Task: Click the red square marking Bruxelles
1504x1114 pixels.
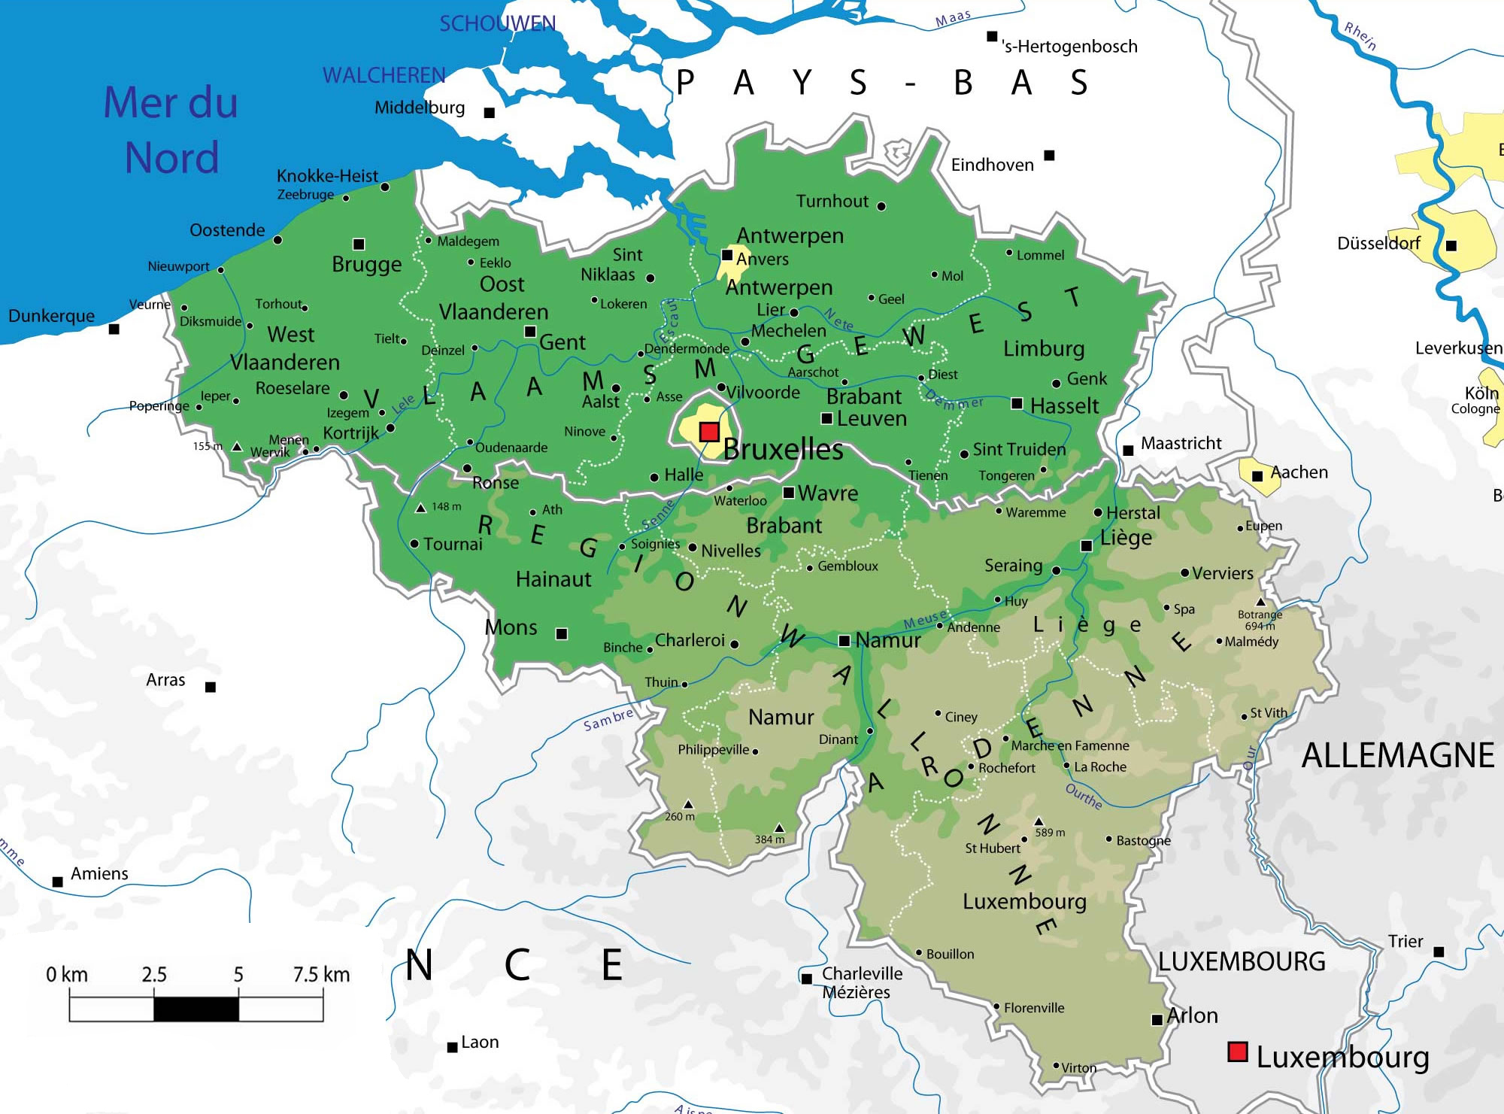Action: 709,431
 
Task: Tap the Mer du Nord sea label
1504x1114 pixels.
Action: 171,130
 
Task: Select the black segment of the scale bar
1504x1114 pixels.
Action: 196,1009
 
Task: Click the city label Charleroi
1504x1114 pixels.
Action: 690,640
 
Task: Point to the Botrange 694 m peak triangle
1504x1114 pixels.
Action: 1260,603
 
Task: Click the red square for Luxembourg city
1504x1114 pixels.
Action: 1237,1052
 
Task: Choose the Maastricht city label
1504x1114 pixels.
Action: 1181,444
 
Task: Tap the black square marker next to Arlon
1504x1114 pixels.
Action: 1157,1020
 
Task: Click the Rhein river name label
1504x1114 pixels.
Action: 1360,36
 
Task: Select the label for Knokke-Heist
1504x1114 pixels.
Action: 327,176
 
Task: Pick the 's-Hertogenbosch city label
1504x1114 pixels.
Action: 1069,47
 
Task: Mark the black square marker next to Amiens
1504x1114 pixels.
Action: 58,882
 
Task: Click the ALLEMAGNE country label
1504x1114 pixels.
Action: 1397,755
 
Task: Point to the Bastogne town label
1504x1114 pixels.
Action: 1143,840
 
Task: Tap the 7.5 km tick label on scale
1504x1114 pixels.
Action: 321,975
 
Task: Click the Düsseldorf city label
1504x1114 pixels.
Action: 1378,244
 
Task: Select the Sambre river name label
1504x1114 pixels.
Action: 608,719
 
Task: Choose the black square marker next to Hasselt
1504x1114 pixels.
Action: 1017,404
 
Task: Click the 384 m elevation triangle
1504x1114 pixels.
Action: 779,827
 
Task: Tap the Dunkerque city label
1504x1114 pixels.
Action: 51,316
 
